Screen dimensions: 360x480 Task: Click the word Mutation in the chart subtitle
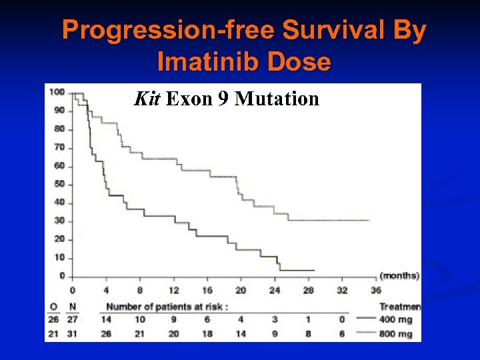pyautogui.click(x=277, y=100)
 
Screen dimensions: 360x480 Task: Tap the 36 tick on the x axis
pyautogui.click(x=376, y=291)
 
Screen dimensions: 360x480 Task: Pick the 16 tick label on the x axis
pyautogui.click(x=207, y=291)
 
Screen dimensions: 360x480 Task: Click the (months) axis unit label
pyautogui.click(x=399, y=275)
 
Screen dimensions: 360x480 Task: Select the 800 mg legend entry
pyautogui.click(x=397, y=334)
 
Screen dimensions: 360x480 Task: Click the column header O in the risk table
pyautogui.click(x=54, y=307)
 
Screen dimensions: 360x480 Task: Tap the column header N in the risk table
pyautogui.click(x=73, y=307)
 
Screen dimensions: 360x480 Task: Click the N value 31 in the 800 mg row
pyautogui.click(x=73, y=334)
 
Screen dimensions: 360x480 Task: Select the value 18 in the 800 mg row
pyautogui.click(x=207, y=334)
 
